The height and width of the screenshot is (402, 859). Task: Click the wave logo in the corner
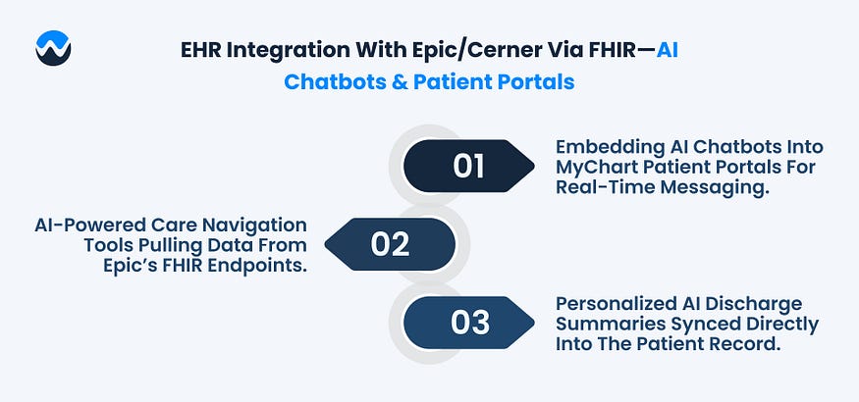52,47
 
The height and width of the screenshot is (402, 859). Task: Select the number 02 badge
391,244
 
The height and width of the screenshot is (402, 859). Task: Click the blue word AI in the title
668,49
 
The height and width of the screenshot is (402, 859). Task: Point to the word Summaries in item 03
608,324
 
